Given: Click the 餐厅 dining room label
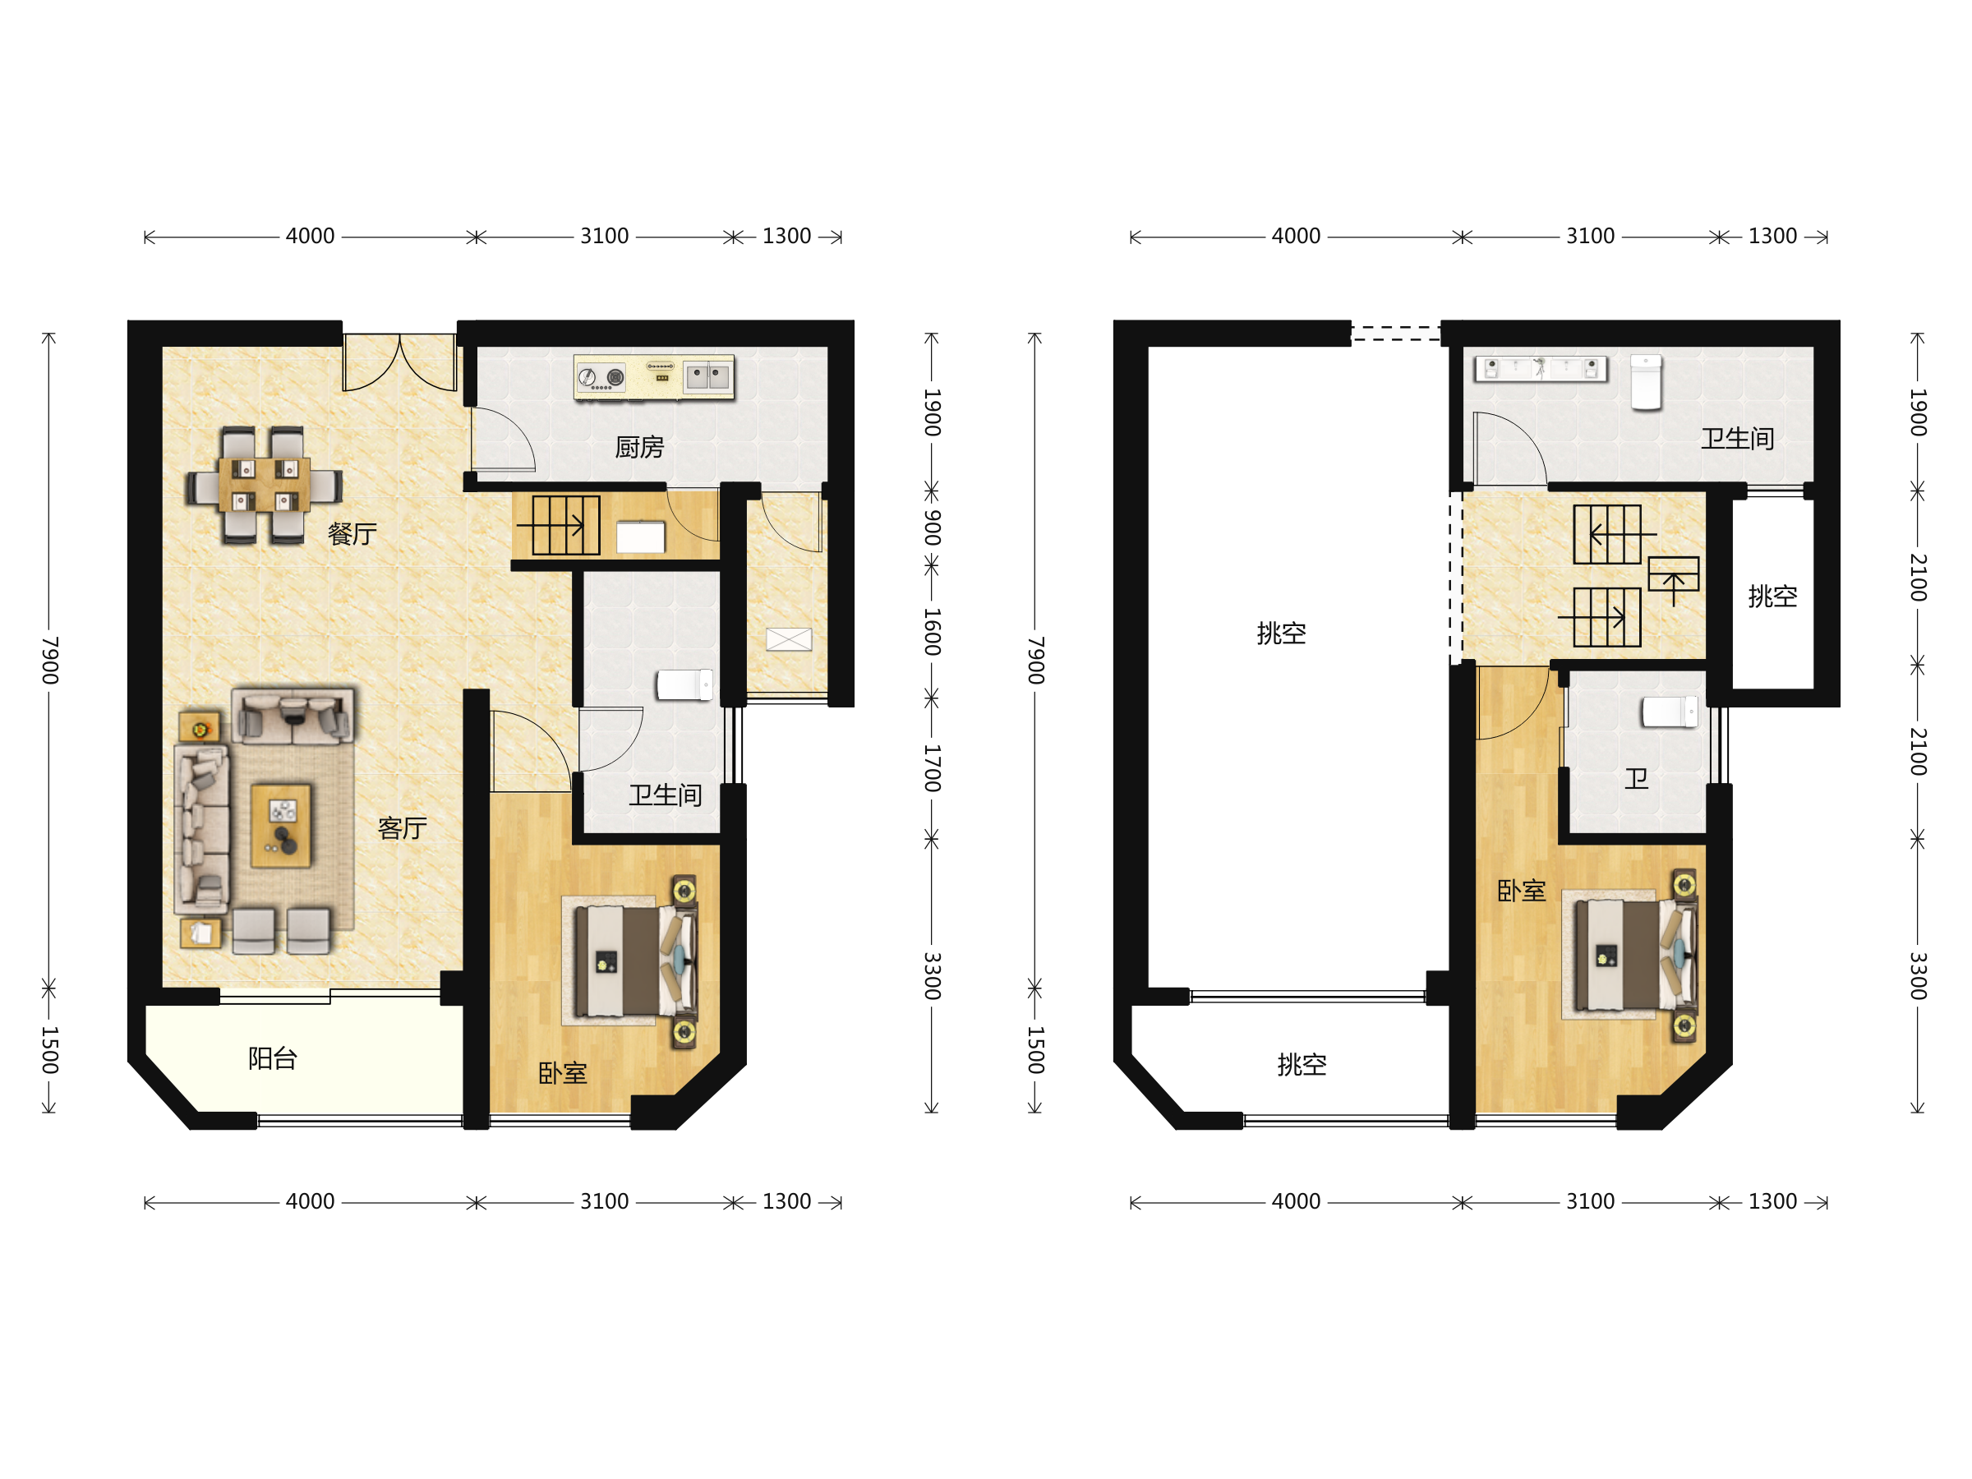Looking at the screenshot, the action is (x=352, y=534).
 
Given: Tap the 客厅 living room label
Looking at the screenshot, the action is (x=402, y=828).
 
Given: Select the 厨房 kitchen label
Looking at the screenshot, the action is (x=640, y=447).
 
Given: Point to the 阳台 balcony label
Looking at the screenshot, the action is (x=273, y=1058).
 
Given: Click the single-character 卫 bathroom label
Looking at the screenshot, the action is (x=1636, y=778).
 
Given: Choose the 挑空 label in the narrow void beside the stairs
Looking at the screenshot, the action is (x=1772, y=596).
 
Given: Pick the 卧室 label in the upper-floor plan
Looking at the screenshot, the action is (x=1521, y=891).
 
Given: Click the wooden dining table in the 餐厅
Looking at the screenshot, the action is (x=265, y=484).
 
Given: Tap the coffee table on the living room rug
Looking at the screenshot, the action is (x=282, y=826).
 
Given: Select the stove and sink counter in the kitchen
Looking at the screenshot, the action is (x=654, y=376).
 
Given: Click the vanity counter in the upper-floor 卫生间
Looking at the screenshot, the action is (x=1541, y=368).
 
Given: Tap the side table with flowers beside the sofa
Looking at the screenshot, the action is (x=200, y=727).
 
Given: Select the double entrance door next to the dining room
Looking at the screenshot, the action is (x=400, y=362).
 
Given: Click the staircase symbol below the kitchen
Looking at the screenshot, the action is (x=559, y=526).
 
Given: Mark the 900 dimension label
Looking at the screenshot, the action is (x=932, y=528).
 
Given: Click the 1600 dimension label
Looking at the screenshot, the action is (x=932, y=631).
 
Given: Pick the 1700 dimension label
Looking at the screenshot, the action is (x=932, y=768).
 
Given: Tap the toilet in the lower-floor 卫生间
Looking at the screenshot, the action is (x=684, y=684).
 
